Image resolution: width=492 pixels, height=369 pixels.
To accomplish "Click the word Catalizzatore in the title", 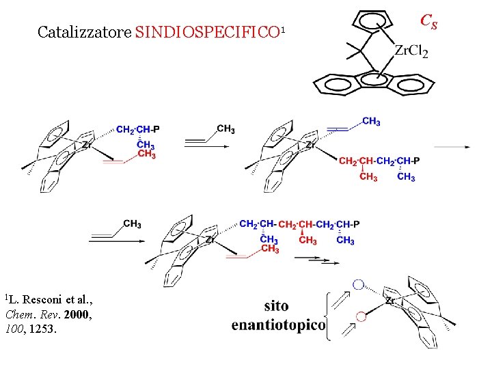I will [85, 32].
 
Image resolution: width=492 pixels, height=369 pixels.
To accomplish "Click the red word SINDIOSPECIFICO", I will [207, 32].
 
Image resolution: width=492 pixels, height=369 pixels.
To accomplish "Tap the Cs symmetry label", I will [428, 22].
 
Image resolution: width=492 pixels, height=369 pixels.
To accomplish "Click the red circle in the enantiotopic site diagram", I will [361, 316].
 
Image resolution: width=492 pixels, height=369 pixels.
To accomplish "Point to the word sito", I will [276, 305].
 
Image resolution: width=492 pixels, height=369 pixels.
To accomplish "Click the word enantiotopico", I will [278, 325].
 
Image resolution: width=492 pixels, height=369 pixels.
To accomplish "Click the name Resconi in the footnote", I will [45, 300].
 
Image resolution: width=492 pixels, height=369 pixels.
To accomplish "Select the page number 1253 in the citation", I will [44, 329].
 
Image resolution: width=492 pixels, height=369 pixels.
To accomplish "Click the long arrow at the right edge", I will [452, 146].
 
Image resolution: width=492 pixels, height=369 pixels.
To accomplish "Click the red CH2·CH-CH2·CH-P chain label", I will [379, 161].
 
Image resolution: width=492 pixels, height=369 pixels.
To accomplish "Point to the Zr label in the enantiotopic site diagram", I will [391, 300].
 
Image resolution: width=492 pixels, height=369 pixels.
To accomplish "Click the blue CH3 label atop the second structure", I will [371, 121].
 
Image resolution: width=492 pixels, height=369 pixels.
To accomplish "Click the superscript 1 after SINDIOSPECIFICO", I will [282, 29].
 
